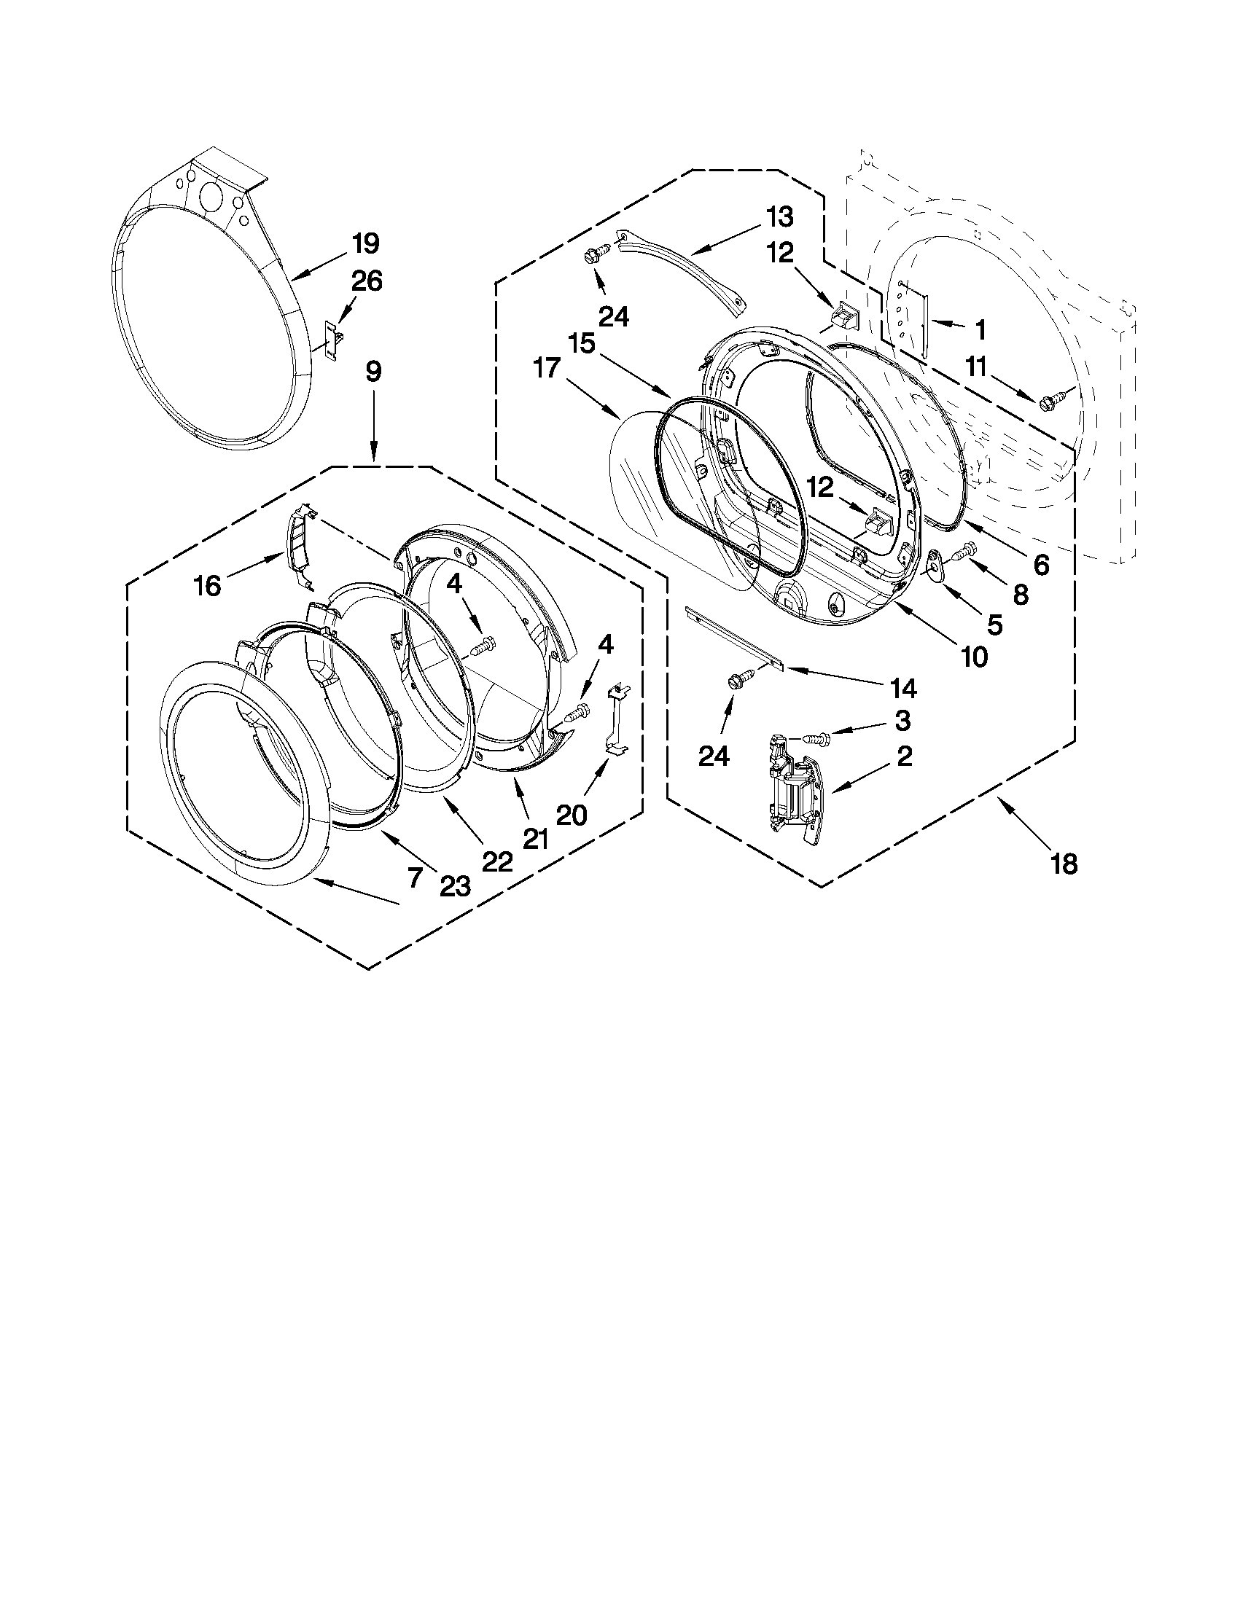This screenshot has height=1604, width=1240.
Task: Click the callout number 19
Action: click(364, 243)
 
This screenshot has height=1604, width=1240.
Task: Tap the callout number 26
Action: click(367, 281)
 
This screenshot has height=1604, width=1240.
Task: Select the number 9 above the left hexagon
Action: click(373, 372)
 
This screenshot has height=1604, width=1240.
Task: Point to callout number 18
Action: click(1063, 864)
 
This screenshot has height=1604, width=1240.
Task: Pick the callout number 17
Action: click(547, 368)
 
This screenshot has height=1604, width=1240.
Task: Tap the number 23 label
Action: click(455, 887)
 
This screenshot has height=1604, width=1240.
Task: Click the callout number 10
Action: click(974, 657)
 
